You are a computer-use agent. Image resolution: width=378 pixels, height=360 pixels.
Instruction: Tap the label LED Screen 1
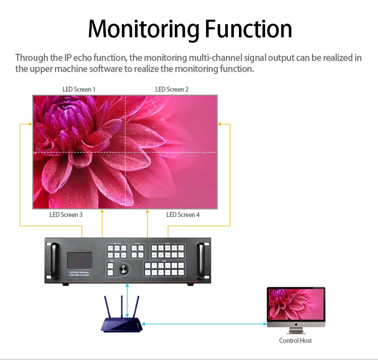(x=79, y=90)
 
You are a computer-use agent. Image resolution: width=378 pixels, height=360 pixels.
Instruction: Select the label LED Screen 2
(x=172, y=90)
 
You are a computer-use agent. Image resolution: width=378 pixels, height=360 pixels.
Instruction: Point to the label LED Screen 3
(x=66, y=215)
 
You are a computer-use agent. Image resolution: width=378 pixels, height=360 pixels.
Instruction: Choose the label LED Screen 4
(x=183, y=215)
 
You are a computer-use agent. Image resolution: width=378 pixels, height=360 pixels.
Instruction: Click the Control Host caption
(x=295, y=341)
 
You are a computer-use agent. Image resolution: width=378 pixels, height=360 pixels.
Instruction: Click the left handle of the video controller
(x=54, y=260)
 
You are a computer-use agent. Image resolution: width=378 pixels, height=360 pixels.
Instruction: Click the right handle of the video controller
(x=202, y=260)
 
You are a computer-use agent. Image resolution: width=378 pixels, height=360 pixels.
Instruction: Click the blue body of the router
(x=121, y=325)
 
